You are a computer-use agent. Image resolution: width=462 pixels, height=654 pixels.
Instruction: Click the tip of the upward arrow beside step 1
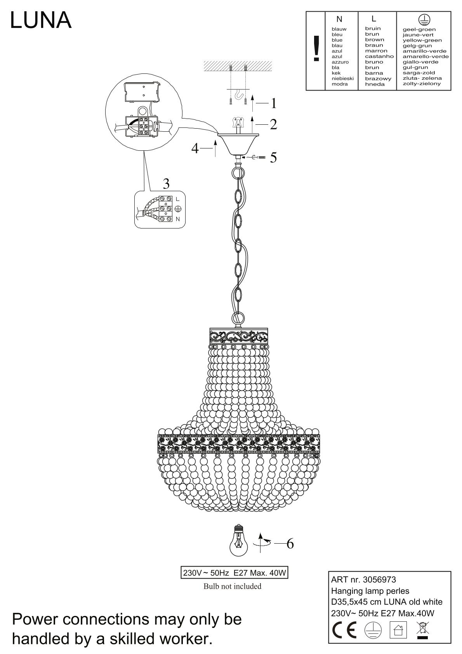[x=253, y=95]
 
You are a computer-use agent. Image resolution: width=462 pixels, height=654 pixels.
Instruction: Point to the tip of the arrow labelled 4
[x=215, y=140]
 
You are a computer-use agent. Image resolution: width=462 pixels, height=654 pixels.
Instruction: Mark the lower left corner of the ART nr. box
[x=329, y=644]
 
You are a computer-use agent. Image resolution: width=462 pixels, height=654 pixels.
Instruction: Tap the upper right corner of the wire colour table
[x=451, y=12]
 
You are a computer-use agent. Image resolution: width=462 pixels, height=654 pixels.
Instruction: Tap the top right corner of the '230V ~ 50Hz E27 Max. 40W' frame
[x=288, y=567]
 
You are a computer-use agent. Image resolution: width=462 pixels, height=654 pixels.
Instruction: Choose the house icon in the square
[x=398, y=630]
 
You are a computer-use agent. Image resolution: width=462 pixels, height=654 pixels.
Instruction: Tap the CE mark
[x=344, y=630]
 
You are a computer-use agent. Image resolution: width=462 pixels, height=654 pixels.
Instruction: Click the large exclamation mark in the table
[x=316, y=49]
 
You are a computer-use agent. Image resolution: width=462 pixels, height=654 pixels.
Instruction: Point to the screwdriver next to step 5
[x=256, y=157]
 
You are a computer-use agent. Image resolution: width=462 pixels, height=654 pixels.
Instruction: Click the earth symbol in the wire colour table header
[x=424, y=19]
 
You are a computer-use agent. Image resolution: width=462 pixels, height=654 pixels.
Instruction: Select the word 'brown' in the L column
[x=375, y=40]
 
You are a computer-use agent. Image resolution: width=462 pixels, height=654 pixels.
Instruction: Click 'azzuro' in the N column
[x=340, y=62]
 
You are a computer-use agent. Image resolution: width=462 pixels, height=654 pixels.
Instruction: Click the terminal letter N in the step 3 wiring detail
[x=178, y=219]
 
